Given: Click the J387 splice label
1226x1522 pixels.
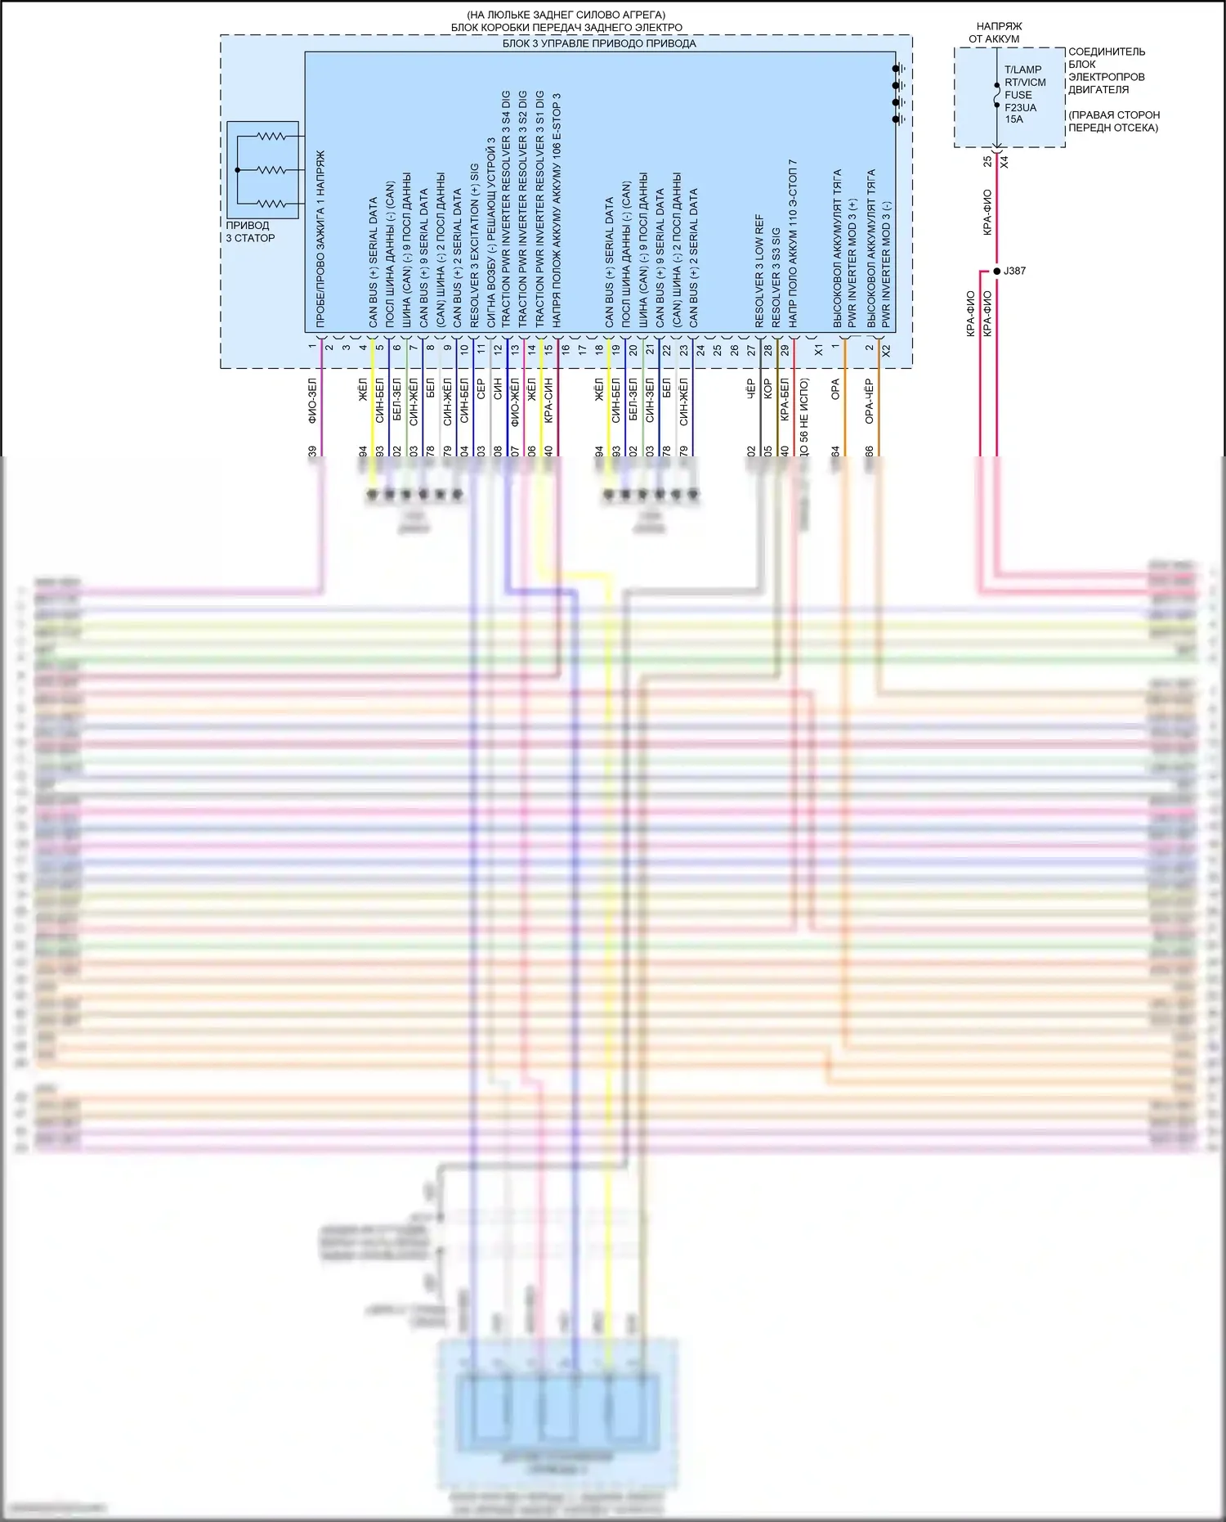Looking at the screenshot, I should click(x=1014, y=271).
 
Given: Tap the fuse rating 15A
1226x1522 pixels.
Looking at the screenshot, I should click(x=1013, y=119).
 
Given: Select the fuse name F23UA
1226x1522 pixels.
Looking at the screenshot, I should click(x=1020, y=107).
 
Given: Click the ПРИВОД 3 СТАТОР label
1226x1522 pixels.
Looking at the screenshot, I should click(x=250, y=231).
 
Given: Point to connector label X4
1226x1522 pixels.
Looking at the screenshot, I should click(x=1005, y=162).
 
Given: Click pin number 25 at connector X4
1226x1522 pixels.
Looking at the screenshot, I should click(x=987, y=162).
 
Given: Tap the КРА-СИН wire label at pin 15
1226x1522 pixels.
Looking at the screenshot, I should click(x=548, y=401).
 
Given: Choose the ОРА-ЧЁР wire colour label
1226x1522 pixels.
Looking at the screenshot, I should click(x=870, y=401).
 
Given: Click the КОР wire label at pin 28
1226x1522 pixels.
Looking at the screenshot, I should click(x=767, y=389).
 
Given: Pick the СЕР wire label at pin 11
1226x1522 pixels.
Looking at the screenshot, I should click(x=481, y=389).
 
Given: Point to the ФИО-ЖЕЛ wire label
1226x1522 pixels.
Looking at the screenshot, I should click(x=515, y=401).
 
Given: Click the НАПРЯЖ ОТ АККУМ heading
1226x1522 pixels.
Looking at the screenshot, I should click(x=998, y=33).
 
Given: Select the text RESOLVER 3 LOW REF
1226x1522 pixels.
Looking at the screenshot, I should click(x=758, y=272).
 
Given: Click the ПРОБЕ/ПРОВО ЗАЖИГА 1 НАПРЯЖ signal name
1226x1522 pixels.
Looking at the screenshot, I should click(x=320, y=239).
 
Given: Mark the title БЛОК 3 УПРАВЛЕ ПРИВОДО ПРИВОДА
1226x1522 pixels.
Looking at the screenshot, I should click(x=599, y=43).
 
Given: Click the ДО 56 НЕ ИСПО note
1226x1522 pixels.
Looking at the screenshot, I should click(x=804, y=417).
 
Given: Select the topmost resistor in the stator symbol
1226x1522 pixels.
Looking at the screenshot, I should click(x=271, y=137).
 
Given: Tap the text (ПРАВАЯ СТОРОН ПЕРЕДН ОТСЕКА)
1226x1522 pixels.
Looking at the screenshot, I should click(x=1113, y=121).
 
